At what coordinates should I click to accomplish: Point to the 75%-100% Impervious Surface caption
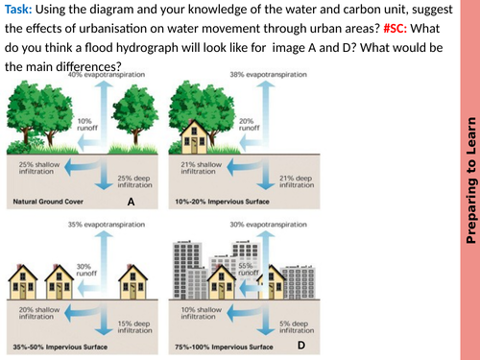226,350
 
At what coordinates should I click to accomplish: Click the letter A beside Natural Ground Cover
131,203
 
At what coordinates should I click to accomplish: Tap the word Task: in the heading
22,11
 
